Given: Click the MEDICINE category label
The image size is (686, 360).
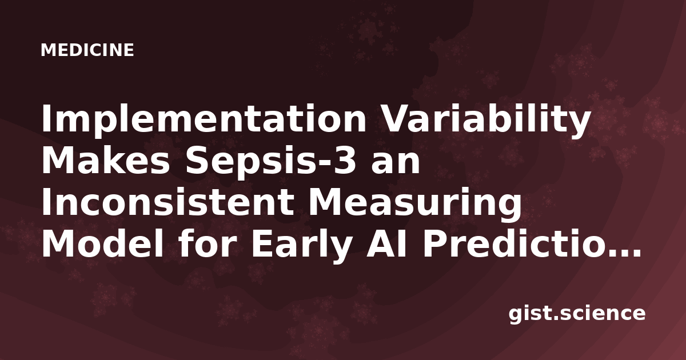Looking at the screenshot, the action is [87, 50].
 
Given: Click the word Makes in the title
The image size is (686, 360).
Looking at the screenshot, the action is [106, 161].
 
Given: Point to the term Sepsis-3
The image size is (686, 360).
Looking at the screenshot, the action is [271, 163].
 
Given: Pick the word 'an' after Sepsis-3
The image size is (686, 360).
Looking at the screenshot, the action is [396, 164].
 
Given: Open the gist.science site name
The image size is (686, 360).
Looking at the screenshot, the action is [577, 314].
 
